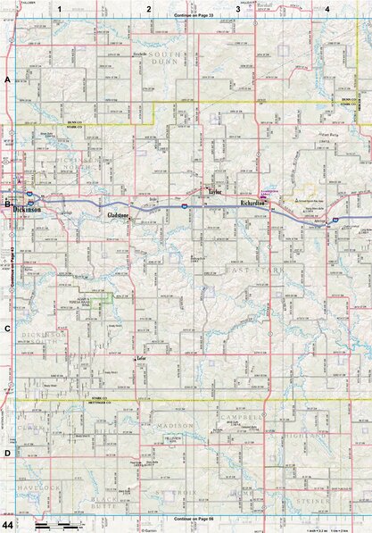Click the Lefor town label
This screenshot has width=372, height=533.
[141, 358]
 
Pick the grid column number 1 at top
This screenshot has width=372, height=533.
[60, 8]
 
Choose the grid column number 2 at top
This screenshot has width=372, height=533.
[149, 8]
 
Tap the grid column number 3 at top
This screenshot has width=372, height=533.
[238, 8]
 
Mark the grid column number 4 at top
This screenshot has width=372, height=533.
[327, 8]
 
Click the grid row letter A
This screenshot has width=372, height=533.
[7, 80]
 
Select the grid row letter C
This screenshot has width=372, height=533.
[7, 329]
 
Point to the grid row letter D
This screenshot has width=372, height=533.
[7, 454]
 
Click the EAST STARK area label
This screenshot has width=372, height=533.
[245, 269]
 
